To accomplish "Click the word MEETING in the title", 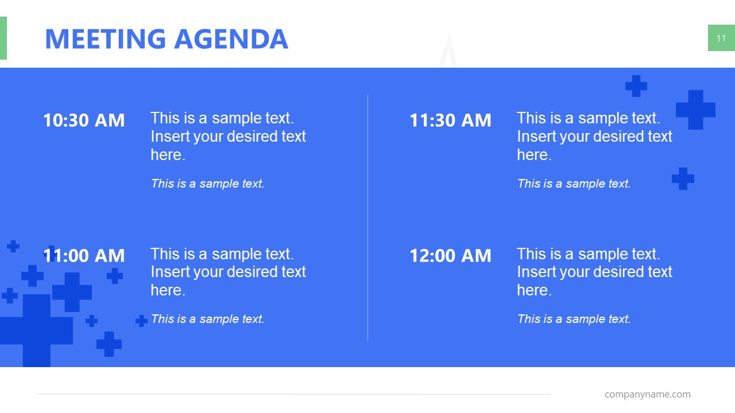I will pos(105,38).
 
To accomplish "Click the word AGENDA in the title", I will pos(230,38).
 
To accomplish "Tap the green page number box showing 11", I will pos(721,38).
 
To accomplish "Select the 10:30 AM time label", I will pos(84,120).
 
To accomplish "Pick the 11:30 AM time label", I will pos(450,120).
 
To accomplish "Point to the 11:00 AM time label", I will pos(84,256).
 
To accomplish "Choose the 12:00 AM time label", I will pos(450,256).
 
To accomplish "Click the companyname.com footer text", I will pos(647,394).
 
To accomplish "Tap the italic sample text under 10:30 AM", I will pos(207,184).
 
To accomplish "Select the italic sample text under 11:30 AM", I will pos(574,184).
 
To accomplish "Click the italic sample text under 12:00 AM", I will pos(574,319).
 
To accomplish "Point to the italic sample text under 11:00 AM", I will pos(207,319).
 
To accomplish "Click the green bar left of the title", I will pos(3,38).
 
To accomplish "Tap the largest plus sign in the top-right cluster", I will pos(695,110).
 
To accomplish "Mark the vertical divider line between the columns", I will pos(367,218).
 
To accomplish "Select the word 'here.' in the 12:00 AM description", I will pos(534,290).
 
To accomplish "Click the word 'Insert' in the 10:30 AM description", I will pos(169,137).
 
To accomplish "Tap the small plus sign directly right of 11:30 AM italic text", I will pos(683,178).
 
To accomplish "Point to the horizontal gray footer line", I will pos(293,394).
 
